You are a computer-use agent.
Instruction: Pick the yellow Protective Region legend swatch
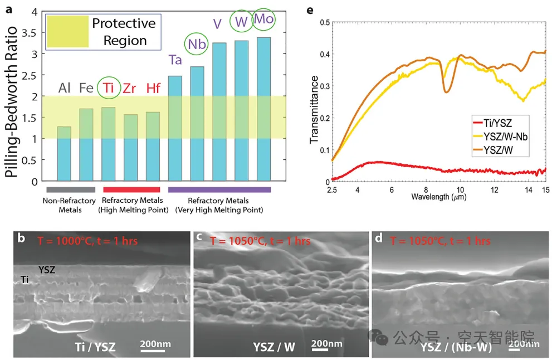[66, 31]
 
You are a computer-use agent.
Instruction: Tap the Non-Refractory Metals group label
[63, 205]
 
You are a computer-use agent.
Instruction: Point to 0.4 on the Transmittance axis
[323, 54]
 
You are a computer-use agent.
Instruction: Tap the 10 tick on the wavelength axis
[460, 189]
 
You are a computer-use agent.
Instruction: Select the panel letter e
[310, 11]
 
